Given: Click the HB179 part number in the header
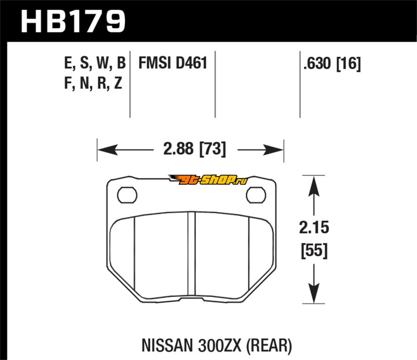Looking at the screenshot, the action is coord(72,21).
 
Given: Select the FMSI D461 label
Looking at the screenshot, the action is coord(173,63).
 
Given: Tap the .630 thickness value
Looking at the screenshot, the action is coord(317,63).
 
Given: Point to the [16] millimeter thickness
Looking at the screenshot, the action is coord(349,64).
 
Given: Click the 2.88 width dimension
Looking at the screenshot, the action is coord(178,148).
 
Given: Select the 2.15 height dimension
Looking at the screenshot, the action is coord(314,228).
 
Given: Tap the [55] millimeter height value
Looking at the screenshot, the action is coord(314,251).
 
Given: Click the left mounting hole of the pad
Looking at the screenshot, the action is coord(127,195).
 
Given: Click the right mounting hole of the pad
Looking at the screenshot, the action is coord(256,195).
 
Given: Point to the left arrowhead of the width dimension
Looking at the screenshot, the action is coord(107,150).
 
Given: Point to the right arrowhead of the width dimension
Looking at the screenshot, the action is coord(273,150).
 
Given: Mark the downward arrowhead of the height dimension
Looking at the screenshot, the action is coord(314,293).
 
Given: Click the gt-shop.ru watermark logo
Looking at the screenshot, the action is coord(208,180).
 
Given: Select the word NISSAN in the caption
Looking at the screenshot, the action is coord(167,345).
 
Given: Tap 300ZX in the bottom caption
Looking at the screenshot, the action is coord(219,345).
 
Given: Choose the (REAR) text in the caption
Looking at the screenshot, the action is coord(269,346).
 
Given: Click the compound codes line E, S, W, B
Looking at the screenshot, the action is coord(95,64).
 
